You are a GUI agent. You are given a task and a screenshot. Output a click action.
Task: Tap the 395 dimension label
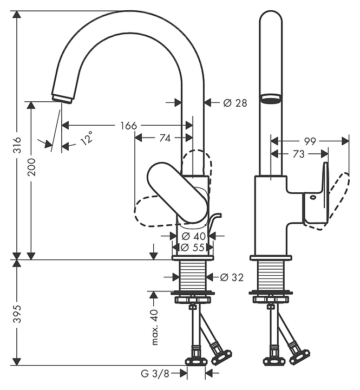point(17,313)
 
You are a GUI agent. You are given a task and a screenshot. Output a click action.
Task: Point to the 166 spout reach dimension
point(128,126)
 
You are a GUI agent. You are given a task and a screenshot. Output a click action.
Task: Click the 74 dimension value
point(165,138)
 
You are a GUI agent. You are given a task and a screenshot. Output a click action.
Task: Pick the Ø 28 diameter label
point(235,102)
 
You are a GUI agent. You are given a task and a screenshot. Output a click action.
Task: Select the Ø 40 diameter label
point(193,236)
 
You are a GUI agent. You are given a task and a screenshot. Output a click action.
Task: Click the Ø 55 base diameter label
point(193,247)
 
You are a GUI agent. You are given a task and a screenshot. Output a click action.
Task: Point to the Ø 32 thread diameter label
point(231,277)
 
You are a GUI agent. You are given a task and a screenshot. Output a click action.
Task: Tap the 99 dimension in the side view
point(310,141)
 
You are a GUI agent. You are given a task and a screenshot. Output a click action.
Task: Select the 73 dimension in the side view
point(298,154)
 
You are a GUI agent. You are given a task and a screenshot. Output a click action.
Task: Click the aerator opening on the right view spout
point(271,98)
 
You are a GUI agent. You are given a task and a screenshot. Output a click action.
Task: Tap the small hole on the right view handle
point(312,198)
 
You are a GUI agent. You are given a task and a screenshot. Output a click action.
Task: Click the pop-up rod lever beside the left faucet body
point(214,223)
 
